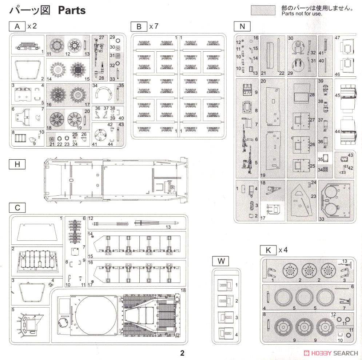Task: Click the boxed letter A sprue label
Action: tap(17, 26)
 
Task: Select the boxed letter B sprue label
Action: tap(139, 27)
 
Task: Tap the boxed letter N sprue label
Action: tap(242, 26)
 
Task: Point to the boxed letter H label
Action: tap(17, 164)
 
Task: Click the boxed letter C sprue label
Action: tap(17, 208)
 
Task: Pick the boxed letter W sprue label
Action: tap(221, 261)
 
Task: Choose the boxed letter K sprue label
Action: tap(268, 250)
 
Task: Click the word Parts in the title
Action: tap(72, 10)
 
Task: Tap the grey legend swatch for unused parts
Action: tap(263, 11)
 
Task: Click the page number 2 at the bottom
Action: tap(182, 353)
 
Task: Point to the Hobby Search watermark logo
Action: tap(331, 353)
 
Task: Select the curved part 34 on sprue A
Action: tap(104, 93)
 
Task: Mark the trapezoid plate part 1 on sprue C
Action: tap(37, 232)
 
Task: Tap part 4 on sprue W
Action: tap(226, 333)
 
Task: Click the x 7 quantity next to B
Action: tap(154, 26)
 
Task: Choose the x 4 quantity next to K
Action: tap(283, 250)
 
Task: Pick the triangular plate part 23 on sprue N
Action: tap(301, 200)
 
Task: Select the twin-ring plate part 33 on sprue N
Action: tap(336, 200)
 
